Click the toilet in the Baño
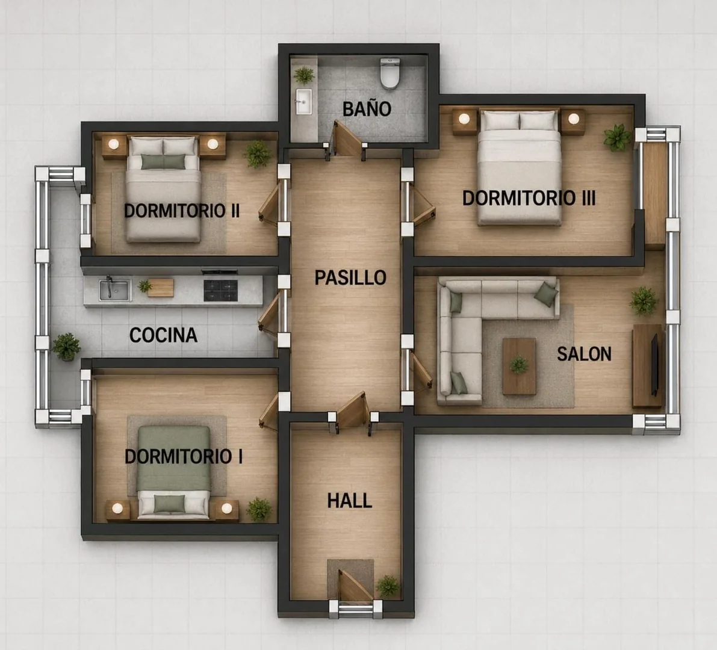pyautogui.click(x=390, y=73)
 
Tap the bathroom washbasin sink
pyautogui.click(x=303, y=101)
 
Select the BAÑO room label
pyautogui.click(x=367, y=110)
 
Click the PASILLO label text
pyautogui.click(x=350, y=277)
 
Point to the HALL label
pyautogui.click(x=350, y=501)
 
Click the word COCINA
pyautogui.click(x=163, y=335)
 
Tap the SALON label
pyautogui.click(x=584, y=354)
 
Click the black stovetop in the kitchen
pyautogui.click(x=220, y=290)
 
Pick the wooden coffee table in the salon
pyautogui.click(x=519, y=366)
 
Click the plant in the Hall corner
pyautogui.click(x=388, y=586)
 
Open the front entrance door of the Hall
pyautogui.click(x=351, y=586)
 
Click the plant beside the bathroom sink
pyautogui.click(x=303, y=75)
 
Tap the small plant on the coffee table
pyautogui.click(x=519, y=365)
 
